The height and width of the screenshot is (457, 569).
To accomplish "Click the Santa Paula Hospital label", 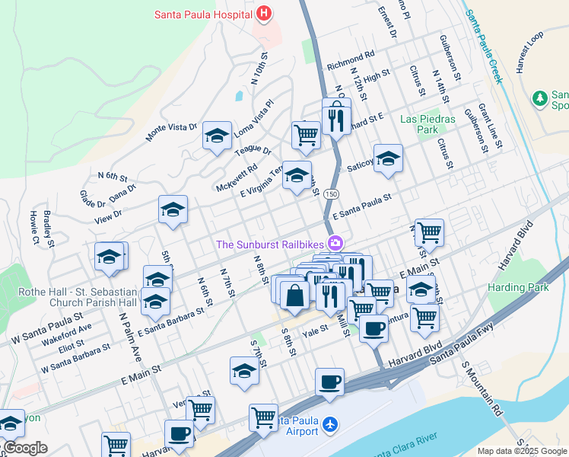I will (x=204, y=14).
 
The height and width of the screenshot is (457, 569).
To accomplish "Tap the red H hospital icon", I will (x=264, y=13).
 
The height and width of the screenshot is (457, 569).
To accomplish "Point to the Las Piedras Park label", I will (x=428, y=124).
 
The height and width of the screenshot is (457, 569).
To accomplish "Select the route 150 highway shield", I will (x=330, y=195).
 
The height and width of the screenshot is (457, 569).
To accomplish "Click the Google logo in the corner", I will (x=24, y=448).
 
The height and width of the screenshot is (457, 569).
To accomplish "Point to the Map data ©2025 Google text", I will (x=522, y=451).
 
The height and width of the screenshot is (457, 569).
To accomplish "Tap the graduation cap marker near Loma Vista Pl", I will (x=217, y=137).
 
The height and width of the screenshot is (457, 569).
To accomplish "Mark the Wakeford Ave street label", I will (x=67, y=332).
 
